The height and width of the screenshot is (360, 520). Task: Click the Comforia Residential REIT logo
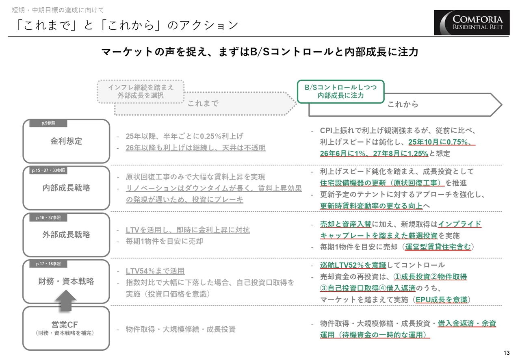(x=472, y=22)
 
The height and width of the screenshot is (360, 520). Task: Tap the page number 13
(x=507, y=353)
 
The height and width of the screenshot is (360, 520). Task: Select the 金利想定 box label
(x=66, y=141)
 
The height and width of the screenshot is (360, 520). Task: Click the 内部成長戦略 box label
(x=66, y=188)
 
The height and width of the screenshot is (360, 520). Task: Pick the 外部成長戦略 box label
(x=66, y=234)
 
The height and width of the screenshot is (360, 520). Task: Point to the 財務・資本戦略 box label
(x=66, y=281)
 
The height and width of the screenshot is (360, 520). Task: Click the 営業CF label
(x=65, y=324)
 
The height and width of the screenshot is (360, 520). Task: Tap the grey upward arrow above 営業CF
(x=66, y=300)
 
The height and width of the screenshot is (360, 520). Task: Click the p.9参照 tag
(x=48, y=123)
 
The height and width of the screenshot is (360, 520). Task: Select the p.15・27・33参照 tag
(x=48, y=170)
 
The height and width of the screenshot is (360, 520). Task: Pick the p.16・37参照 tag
(x=48, y=218)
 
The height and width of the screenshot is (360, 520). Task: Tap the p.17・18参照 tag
(x=48, y=264)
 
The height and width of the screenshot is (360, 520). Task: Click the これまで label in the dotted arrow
(x=203, y=103)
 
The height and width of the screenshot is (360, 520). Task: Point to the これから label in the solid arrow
(x=403, y=104)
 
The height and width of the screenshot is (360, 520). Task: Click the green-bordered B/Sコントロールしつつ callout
(x=341, y=91)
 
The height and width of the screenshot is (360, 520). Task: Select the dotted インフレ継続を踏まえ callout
(x=141, y=91)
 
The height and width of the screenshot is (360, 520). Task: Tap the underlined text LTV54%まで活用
(x=155, y=271)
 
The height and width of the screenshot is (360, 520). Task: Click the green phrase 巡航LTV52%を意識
(x=353, y=265)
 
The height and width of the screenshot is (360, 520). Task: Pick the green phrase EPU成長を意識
(x=442, y=300)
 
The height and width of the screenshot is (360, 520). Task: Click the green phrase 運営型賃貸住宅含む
(x=438, y=247)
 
